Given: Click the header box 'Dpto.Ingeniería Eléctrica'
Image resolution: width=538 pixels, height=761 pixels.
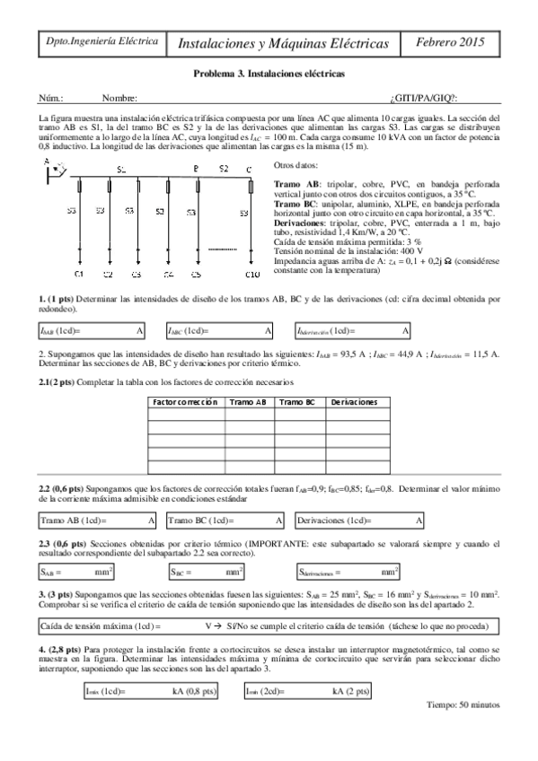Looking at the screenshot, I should (x=101, y=41).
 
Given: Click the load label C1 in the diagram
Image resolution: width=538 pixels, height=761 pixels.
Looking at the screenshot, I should (x=78, y=273).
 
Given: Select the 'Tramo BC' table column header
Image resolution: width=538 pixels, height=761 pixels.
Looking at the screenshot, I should (x=296, y=402).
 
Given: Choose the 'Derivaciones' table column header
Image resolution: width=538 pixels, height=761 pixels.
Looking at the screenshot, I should (x=354, y=402).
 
